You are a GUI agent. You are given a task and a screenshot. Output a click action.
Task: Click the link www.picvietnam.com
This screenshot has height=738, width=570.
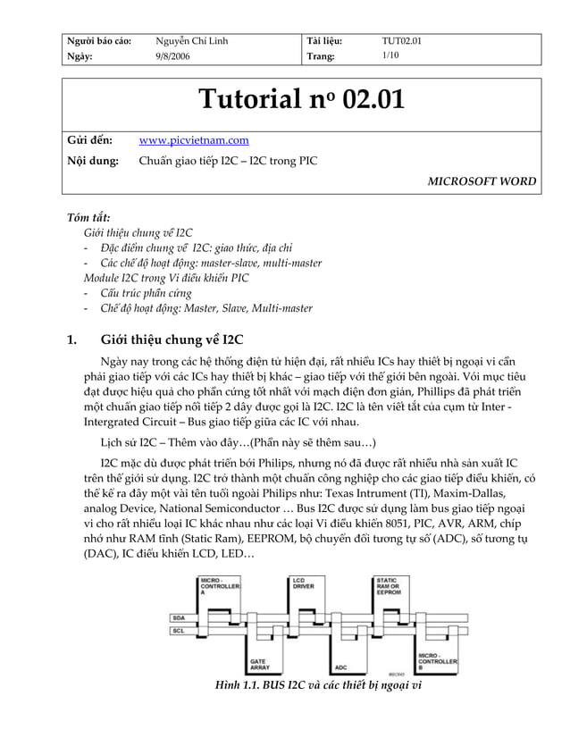(x=194, y=140)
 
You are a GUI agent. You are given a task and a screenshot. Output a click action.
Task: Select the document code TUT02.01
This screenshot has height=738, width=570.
(x=401, y=41)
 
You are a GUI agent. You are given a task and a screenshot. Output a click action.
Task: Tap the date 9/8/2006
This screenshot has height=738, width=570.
(x=172, y=56)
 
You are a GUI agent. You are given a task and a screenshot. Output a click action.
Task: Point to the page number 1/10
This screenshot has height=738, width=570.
(x=390, y=55)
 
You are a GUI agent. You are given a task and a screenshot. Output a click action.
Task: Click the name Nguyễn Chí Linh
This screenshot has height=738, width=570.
(x=191, y=41)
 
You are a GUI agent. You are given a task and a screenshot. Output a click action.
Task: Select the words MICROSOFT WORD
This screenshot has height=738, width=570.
(x=481, y=181)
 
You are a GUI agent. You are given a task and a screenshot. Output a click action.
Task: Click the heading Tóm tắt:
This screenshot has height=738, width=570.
(x=89, y=218)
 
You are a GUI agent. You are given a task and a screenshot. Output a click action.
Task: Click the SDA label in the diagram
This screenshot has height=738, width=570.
(x=179, y=617)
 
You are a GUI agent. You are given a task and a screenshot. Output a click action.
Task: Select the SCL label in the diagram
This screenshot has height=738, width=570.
(x=179, y=632)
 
